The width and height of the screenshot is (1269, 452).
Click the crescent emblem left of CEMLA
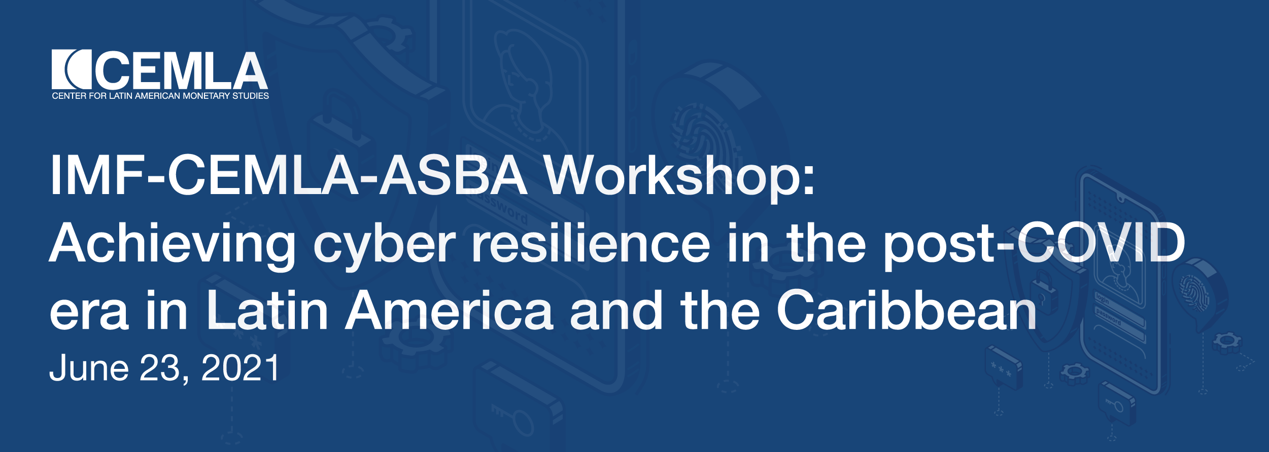pos(72,69)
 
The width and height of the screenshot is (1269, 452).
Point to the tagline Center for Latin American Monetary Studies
pos(160,96)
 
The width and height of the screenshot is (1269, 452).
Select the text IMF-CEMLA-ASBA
pos(289,174)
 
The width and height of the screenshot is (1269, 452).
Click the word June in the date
pos(89,368)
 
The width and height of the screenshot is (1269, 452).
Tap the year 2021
pos(241,368)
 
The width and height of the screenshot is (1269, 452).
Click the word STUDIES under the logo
pos(251,96)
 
